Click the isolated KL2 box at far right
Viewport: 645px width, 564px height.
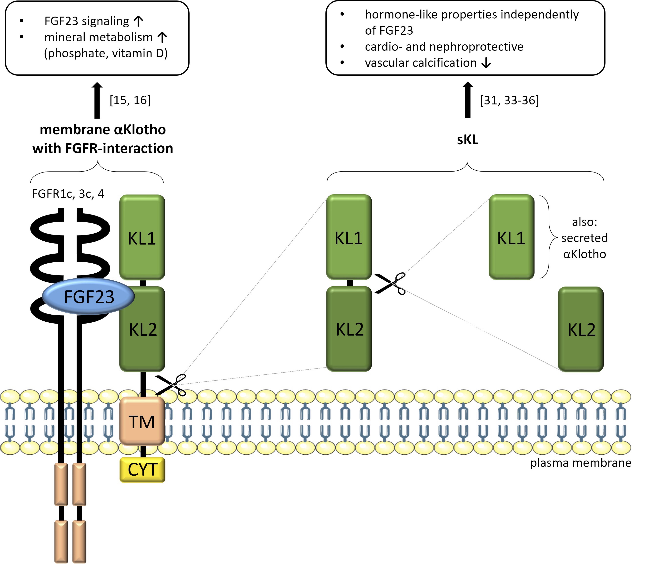tap(581, 329)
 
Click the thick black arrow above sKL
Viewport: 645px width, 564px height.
tap(468, 100)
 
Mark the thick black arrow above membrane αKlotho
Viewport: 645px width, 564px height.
tap(97, 101)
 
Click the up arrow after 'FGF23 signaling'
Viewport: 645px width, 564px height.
tap(138, 21)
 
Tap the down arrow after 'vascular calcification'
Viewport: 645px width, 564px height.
tap(486, 63)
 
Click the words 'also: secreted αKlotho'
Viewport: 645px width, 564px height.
tap(584, 238)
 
